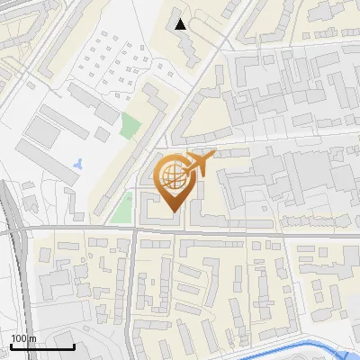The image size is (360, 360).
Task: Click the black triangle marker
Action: pyautogui.click(x=182, y=24)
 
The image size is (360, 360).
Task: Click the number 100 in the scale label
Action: pyautogui.click(x=19, y=338)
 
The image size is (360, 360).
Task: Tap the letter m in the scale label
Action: pyautogui.click(x=31, y=338)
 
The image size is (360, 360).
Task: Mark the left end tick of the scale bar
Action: pyautogui.click(x=11, y=346)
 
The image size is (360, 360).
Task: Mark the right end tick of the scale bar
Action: pyautogui.click(x=74, y=346)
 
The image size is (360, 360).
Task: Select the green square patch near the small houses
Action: pyautogui.click(x=131, y=127)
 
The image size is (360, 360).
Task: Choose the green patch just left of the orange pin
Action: pyautogui.click(x=121, y=207)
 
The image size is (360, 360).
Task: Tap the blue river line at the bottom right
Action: pyautogui.click(x=297, y=349)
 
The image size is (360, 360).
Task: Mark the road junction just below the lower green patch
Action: pyautogui.click(x=134, y=229)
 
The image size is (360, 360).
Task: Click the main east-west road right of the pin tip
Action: pyautogui.click(x=270, y=233)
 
